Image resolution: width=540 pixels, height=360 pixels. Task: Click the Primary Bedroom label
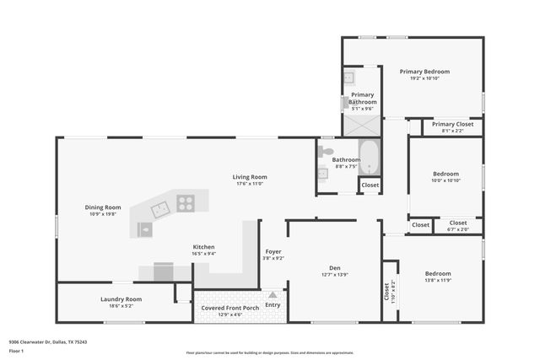[x=424, y=72]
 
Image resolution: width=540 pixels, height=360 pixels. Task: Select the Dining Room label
[x=103, y=207]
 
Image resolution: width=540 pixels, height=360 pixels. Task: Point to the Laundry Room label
[x=121, y=298]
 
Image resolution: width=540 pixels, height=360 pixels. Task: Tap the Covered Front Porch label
[x=229, y=308]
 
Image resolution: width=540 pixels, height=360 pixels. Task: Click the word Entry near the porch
[x=273, y=305]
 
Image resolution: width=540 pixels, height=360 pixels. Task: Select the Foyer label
[x=273, y=251]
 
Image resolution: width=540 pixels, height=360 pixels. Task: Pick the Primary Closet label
[x=452, y=124]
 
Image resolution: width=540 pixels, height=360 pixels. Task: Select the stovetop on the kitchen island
[x=185, y=202]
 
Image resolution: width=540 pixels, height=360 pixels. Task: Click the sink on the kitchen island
[x=146, y=228]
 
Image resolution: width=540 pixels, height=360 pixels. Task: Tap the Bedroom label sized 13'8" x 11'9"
[x=438, y=273]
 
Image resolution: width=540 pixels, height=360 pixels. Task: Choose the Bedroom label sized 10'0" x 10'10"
[x=445, y=174]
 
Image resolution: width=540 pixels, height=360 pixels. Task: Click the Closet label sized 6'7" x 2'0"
[x=457, y=223]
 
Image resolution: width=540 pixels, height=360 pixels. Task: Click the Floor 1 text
[x=16, y=351]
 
